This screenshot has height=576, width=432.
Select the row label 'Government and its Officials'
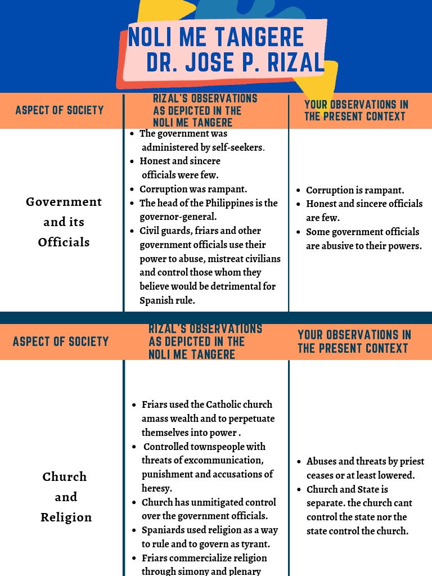(64, 222)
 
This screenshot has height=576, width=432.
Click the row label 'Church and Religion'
(65, 497)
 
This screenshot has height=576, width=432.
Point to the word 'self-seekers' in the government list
(238, 147)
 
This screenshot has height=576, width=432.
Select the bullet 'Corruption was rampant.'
(193, 189)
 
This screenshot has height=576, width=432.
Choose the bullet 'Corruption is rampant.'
(354, 190)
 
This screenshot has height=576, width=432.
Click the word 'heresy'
(156, 488)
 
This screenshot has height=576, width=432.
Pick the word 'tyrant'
(254, 544)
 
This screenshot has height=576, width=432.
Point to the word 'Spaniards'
(163, 530)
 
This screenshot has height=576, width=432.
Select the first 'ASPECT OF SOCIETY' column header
(60, 110)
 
